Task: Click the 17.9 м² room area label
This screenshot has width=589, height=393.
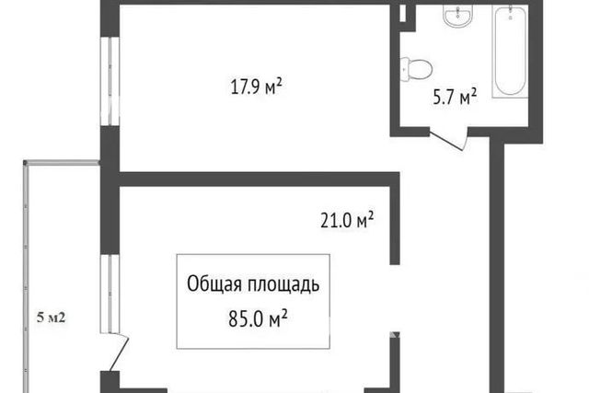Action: coord(256,87)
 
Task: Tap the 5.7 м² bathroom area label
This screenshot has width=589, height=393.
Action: coord(455,98)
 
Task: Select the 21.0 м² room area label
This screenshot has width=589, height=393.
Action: coord(347,220)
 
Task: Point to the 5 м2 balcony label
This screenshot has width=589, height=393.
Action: coord(52,318)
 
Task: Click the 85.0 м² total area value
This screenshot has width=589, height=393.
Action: coord(258,319)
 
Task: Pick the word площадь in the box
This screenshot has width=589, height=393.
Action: coord(283,284)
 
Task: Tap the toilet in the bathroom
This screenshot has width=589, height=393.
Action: coord(416,70)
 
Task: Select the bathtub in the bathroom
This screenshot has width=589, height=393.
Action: coord(510,52)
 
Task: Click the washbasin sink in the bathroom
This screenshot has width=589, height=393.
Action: coord(457,16)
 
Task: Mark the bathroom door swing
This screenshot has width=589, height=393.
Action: coord(449,140)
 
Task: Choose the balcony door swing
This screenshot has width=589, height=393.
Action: coord(119,353)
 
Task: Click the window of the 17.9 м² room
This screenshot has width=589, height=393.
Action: coord(110,81)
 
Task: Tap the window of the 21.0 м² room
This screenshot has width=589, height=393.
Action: coord(110,294)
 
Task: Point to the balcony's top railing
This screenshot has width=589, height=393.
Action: coord(62,163)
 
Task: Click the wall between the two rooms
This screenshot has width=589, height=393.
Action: coord(260,179)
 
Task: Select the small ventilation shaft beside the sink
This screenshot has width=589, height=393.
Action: coord(403,14)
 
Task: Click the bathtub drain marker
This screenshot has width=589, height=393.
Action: coord(510,17)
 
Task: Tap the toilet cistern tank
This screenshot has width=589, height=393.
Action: coord(404,70)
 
